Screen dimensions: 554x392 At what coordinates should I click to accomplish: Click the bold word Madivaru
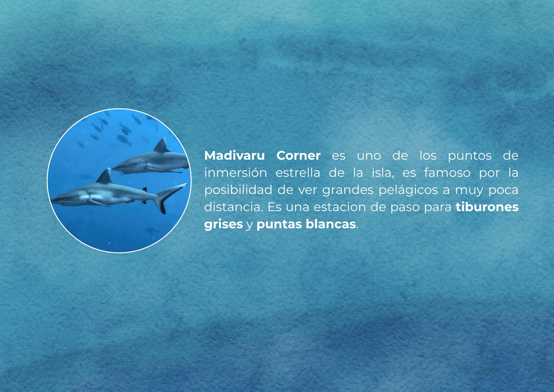point(234,156)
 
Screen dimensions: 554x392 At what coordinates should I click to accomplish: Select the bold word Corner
point(298,156)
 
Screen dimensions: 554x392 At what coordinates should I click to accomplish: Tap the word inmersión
point(235,173)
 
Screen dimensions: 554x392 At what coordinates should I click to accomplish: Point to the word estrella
point(298,173)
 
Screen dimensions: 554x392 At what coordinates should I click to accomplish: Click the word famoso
point(447,173)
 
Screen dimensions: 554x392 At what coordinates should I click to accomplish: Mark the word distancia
point(233,207)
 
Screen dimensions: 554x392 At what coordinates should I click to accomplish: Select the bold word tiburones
point(487,207)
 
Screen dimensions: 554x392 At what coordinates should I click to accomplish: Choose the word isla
point(383,173)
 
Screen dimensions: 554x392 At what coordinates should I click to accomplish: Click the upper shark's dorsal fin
point(162,145)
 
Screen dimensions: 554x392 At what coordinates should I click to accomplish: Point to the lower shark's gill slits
point(85,198)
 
